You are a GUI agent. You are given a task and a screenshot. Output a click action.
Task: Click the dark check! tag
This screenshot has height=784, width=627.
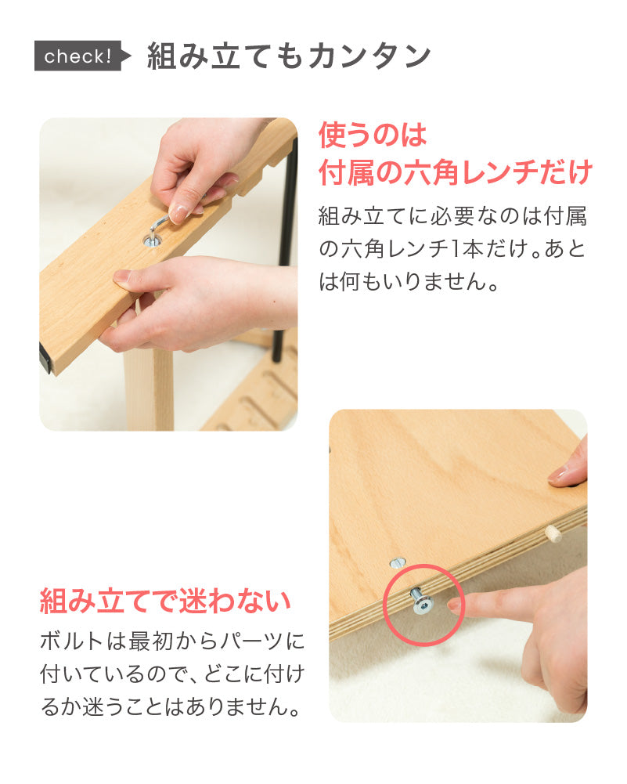80,56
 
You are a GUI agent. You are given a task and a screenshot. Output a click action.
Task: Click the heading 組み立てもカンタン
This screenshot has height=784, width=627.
289,56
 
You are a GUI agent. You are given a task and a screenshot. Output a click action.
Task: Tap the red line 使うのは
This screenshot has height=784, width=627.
373,135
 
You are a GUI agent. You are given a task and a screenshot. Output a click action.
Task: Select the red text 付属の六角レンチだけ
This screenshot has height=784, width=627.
455,172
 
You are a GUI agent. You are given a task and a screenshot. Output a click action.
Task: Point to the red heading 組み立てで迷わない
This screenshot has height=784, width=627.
165,601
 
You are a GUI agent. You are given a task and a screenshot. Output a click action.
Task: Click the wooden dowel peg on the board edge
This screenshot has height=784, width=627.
553,533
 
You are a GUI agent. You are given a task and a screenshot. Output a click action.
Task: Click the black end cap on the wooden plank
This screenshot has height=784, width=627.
46,358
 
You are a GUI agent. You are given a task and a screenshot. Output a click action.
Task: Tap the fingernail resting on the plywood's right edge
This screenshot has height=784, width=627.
559,472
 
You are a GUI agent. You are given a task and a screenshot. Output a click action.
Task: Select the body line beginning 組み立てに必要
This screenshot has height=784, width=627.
452,216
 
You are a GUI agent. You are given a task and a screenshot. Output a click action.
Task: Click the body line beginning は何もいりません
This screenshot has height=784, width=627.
409,282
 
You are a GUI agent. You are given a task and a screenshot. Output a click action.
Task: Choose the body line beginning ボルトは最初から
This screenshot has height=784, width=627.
172,641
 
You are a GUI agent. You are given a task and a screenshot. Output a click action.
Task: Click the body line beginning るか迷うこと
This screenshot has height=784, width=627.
171,706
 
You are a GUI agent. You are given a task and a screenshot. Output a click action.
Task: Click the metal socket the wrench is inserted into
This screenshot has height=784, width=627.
152,241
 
